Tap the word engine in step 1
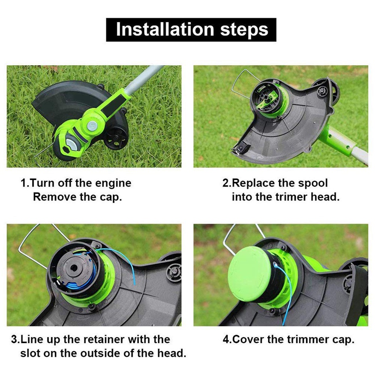point(112,183)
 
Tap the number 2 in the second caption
point(225,183)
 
